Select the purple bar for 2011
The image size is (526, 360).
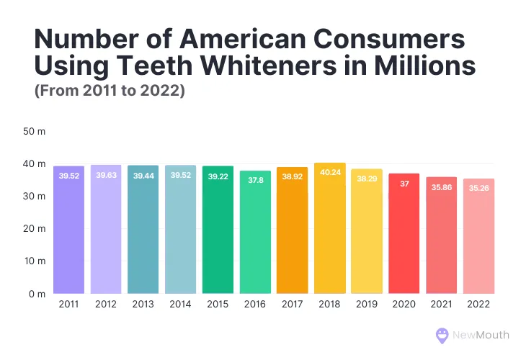[68, 230]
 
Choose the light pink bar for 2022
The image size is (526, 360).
[478, 238]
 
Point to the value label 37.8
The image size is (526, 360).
[255, 181]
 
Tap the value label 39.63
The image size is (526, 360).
[106, 175]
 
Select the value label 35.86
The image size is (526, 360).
[441, 187]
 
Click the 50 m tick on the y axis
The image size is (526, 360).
[35, 132]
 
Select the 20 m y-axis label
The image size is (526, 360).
[35, 229]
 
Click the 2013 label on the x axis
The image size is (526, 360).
[143, 305]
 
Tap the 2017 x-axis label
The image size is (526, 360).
[292, 305]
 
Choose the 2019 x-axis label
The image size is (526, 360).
[367, 305]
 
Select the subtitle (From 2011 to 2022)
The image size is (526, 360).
[110, 91]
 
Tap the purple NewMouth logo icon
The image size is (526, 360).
[442, 335]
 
